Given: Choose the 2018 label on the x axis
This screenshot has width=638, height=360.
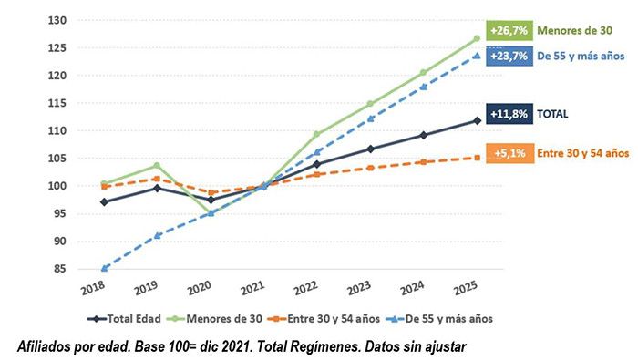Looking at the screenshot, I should click(92, 292).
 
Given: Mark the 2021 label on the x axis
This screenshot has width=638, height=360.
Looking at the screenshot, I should click(253, 292).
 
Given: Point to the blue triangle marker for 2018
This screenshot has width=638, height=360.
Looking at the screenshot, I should click(105, 268).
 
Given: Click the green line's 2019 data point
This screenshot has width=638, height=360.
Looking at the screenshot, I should click(158, 166).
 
